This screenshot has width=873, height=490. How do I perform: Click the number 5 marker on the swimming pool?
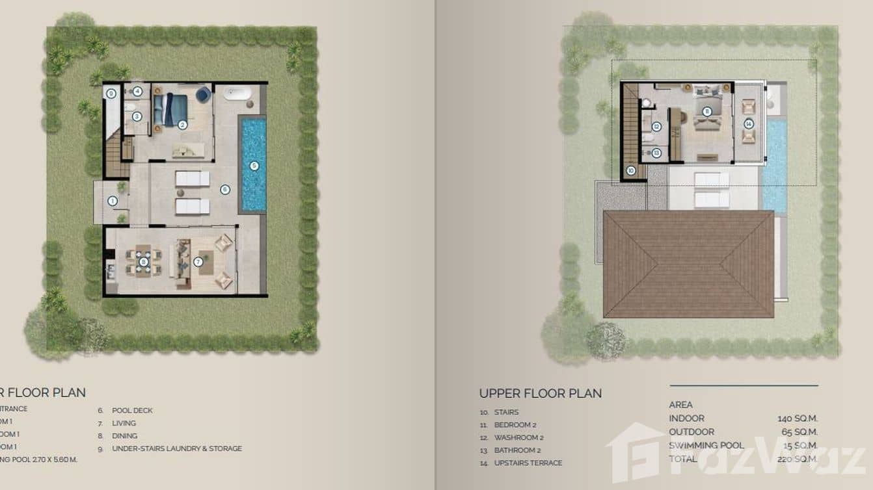point(254,166)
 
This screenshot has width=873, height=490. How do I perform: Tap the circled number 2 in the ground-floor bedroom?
point(183,124)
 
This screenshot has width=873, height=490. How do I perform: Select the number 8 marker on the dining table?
point(144,262)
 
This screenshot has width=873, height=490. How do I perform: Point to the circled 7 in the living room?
point(198,262)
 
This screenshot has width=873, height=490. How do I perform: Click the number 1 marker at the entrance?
point(112,201)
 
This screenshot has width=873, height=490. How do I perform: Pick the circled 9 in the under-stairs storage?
point(111,94)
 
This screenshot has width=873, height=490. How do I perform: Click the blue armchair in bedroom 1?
point(203,96)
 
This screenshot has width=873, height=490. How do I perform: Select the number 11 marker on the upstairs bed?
point(706,111)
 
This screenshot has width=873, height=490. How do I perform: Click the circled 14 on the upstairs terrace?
point(749,123)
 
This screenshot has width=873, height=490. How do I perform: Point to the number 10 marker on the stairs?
point(630,171)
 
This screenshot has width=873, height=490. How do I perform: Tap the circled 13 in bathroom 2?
point(656,153)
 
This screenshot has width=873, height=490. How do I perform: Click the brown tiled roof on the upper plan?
point(688,263)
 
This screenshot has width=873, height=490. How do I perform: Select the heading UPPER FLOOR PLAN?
point(540,393)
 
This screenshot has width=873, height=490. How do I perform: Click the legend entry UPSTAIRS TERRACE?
point(528,463)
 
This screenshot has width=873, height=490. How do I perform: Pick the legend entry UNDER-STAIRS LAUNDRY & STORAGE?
point(176,448)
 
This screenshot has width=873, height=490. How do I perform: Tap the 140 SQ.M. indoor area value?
point(797,419)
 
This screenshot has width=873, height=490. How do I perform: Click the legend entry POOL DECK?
point(132,411)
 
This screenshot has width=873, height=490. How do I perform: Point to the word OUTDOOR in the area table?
point(692,432)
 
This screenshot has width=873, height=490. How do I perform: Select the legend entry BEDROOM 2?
point(515,425)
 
